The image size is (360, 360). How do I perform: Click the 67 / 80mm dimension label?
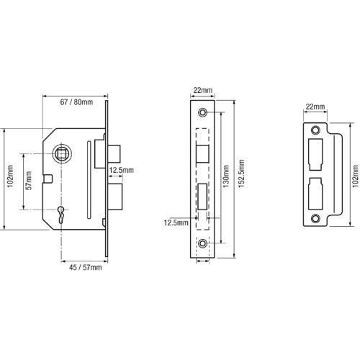pyautogui.click(x=76, y=102)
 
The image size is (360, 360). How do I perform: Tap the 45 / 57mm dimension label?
pyautogui.click(x=85, y=267)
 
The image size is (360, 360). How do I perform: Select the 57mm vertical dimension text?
pyautogui.click(x=29, y=181)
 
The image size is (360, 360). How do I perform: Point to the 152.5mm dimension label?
pyautogui.click(x=241, y=174)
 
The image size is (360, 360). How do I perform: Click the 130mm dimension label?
pyautogui.click(x=226, y=176)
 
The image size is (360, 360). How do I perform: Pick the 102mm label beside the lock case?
pyautogui.click(x=10, y=176)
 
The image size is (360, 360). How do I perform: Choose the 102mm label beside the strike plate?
pyautogui.click(x=356, y=176)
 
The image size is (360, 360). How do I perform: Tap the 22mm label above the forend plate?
pyautogui.click(x=203, y=91)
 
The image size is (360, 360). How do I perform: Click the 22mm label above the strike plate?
pyautogui.click(x=315, y=107)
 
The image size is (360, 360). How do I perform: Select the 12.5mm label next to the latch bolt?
pyautogui.click(x=122, y=171)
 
